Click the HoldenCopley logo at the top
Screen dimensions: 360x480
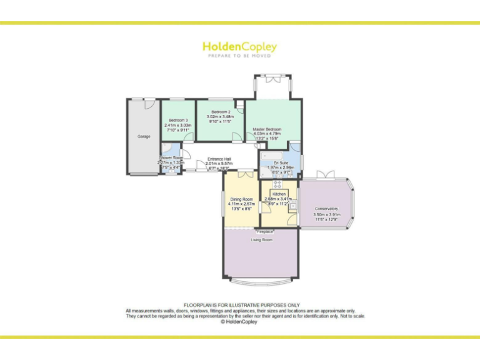pos(239,47)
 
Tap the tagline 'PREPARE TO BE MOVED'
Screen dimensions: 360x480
pos(239,56)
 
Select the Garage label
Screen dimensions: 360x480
pos(144,136)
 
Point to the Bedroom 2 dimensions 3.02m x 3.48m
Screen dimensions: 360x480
pos(221,117)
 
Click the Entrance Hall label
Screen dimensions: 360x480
pos(218,159)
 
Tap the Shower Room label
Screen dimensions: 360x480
pos(171,157)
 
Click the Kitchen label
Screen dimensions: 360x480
pos(279,194)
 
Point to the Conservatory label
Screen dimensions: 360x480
pos(326,209)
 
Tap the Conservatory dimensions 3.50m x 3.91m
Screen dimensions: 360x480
pos(326,215)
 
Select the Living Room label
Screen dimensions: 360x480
pos(262,239)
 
